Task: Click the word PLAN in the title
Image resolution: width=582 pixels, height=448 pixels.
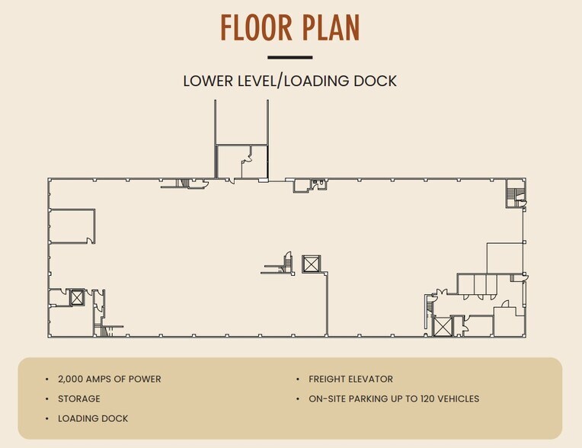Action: pyautogui.click(x=331, y=27)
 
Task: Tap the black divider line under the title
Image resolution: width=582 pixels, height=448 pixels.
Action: pyautogui.click(x=290, y=58)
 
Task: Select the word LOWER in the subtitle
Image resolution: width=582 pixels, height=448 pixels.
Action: pyautogui.click(x=208, y=81)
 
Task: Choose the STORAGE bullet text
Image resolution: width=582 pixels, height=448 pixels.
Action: pyautogui.click(x=79, y=399)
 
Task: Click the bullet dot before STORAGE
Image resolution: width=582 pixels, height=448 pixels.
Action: pyautogui.click(x=46, y=399)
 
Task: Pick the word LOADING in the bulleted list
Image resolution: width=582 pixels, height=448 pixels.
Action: pyautogui.click(x=77, y=419)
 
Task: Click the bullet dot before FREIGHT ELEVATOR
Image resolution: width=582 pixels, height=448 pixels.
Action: pyautogui.click(x=298, y=379)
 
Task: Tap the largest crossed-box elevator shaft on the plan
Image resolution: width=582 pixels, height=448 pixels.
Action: pyautogui.click(x=443, y=327)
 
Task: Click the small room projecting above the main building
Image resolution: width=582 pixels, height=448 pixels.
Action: pyautogui.click(x=241, y=162)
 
